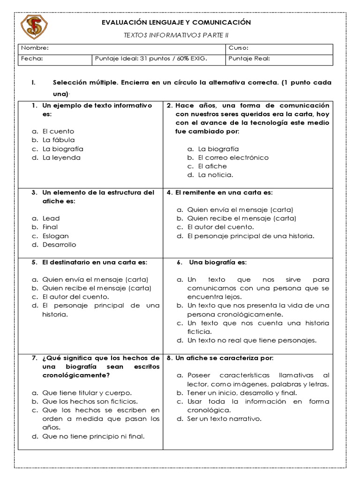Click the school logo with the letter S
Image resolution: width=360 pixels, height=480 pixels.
(35, 27)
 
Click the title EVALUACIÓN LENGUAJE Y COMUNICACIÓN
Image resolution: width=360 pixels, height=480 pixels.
(177, 22)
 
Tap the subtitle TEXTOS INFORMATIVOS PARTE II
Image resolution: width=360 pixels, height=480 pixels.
(176, 35)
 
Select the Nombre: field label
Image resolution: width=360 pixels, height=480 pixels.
(35, 48)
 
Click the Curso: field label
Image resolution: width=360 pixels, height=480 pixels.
(238, 48)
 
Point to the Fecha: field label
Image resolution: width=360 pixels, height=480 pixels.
(32, 59)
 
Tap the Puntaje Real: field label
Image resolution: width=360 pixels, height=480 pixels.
(249, 59)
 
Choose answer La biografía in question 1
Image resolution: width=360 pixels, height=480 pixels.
(63, 149)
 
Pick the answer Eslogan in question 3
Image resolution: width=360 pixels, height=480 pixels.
(55, 236)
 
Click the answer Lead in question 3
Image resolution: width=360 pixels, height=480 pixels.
(51, 218)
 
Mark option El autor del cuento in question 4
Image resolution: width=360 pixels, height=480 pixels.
(218, 227)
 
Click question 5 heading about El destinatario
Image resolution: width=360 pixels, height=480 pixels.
(94, 262)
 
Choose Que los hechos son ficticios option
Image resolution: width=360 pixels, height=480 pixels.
(90, 401)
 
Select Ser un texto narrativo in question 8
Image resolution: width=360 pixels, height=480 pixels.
(224, 419)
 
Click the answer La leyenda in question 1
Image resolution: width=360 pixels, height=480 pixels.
(61, 157)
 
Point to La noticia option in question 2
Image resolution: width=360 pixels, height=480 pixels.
(215, 175)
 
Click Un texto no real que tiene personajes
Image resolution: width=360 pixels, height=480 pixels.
(252, 340)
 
